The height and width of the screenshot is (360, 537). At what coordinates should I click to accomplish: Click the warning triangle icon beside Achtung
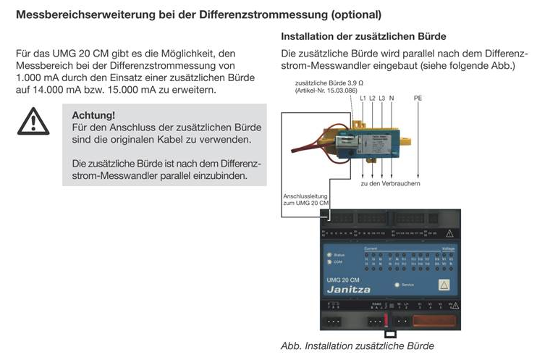coord(34,121)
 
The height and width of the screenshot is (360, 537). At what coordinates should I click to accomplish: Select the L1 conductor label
coord(363,98)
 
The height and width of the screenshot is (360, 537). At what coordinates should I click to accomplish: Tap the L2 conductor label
coord(373,98)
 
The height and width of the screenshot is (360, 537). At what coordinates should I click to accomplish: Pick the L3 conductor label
coord(382,98)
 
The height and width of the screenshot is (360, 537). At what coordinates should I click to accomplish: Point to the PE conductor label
coord(418,98)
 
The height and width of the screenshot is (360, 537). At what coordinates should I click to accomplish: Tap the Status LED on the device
coord(331,256)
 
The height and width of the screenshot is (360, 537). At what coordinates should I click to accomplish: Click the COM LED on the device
coord(331,262)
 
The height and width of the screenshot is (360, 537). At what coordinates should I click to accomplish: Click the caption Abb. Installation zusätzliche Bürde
coord(357,346)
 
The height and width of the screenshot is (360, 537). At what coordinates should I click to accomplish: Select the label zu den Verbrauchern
coord(391,183)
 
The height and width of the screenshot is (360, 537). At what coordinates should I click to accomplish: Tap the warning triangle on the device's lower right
coord(445,284)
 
